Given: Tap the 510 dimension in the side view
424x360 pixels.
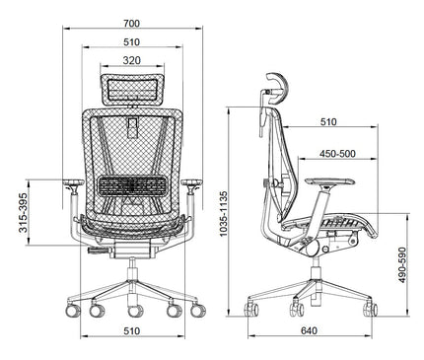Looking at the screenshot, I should (327, 122).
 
